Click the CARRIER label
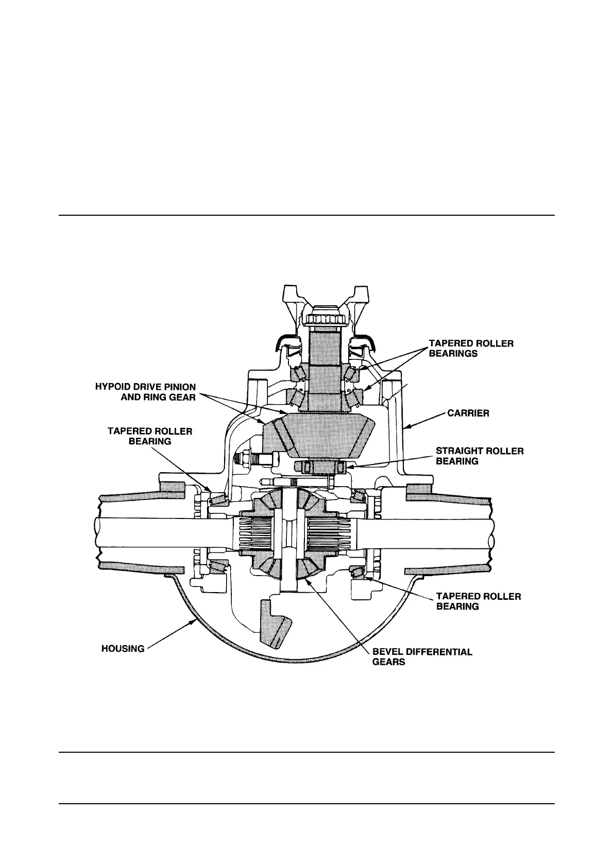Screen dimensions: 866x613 tap(468, 413)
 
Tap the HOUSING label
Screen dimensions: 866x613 tap(123, 649)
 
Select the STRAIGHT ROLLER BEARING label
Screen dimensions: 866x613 tap(479, 456)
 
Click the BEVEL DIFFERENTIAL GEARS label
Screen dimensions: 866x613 tap(422, 657)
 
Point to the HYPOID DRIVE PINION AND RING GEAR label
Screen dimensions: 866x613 tap(145, 392)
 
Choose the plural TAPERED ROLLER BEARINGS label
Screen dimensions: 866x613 tap(471, 349)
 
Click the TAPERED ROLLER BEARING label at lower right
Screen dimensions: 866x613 tap(478, 601)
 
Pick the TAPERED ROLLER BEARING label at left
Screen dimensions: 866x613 tap(149, 436)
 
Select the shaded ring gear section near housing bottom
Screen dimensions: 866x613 tap(275, 625)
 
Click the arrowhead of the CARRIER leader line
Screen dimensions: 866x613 tap(404, 427)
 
